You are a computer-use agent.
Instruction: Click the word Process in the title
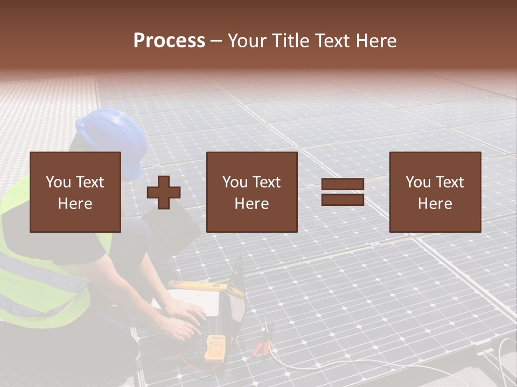point(169,41)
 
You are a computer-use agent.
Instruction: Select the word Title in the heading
point(292,41)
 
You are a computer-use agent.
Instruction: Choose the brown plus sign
point(164,192)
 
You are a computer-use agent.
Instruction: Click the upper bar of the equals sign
point(343,184)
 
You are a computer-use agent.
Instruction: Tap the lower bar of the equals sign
point(343,199)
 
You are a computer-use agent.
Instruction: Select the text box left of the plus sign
point(75,192)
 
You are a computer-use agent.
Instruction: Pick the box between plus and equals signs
point(251,192)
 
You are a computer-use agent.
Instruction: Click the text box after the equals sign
point(435,192)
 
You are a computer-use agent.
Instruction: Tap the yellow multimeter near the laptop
point(214,347)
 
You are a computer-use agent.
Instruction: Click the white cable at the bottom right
point(504,365)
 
